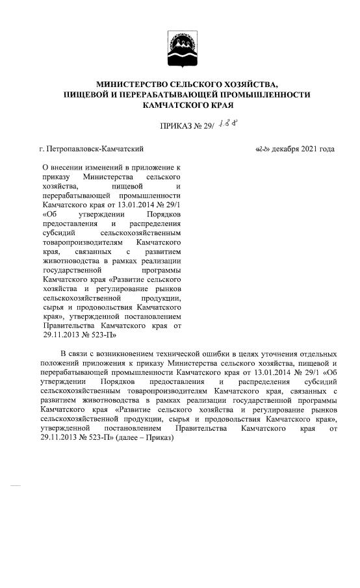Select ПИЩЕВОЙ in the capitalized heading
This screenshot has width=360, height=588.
(x=93, y=95)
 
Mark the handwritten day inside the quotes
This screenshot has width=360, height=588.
(x=262, y=149)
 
